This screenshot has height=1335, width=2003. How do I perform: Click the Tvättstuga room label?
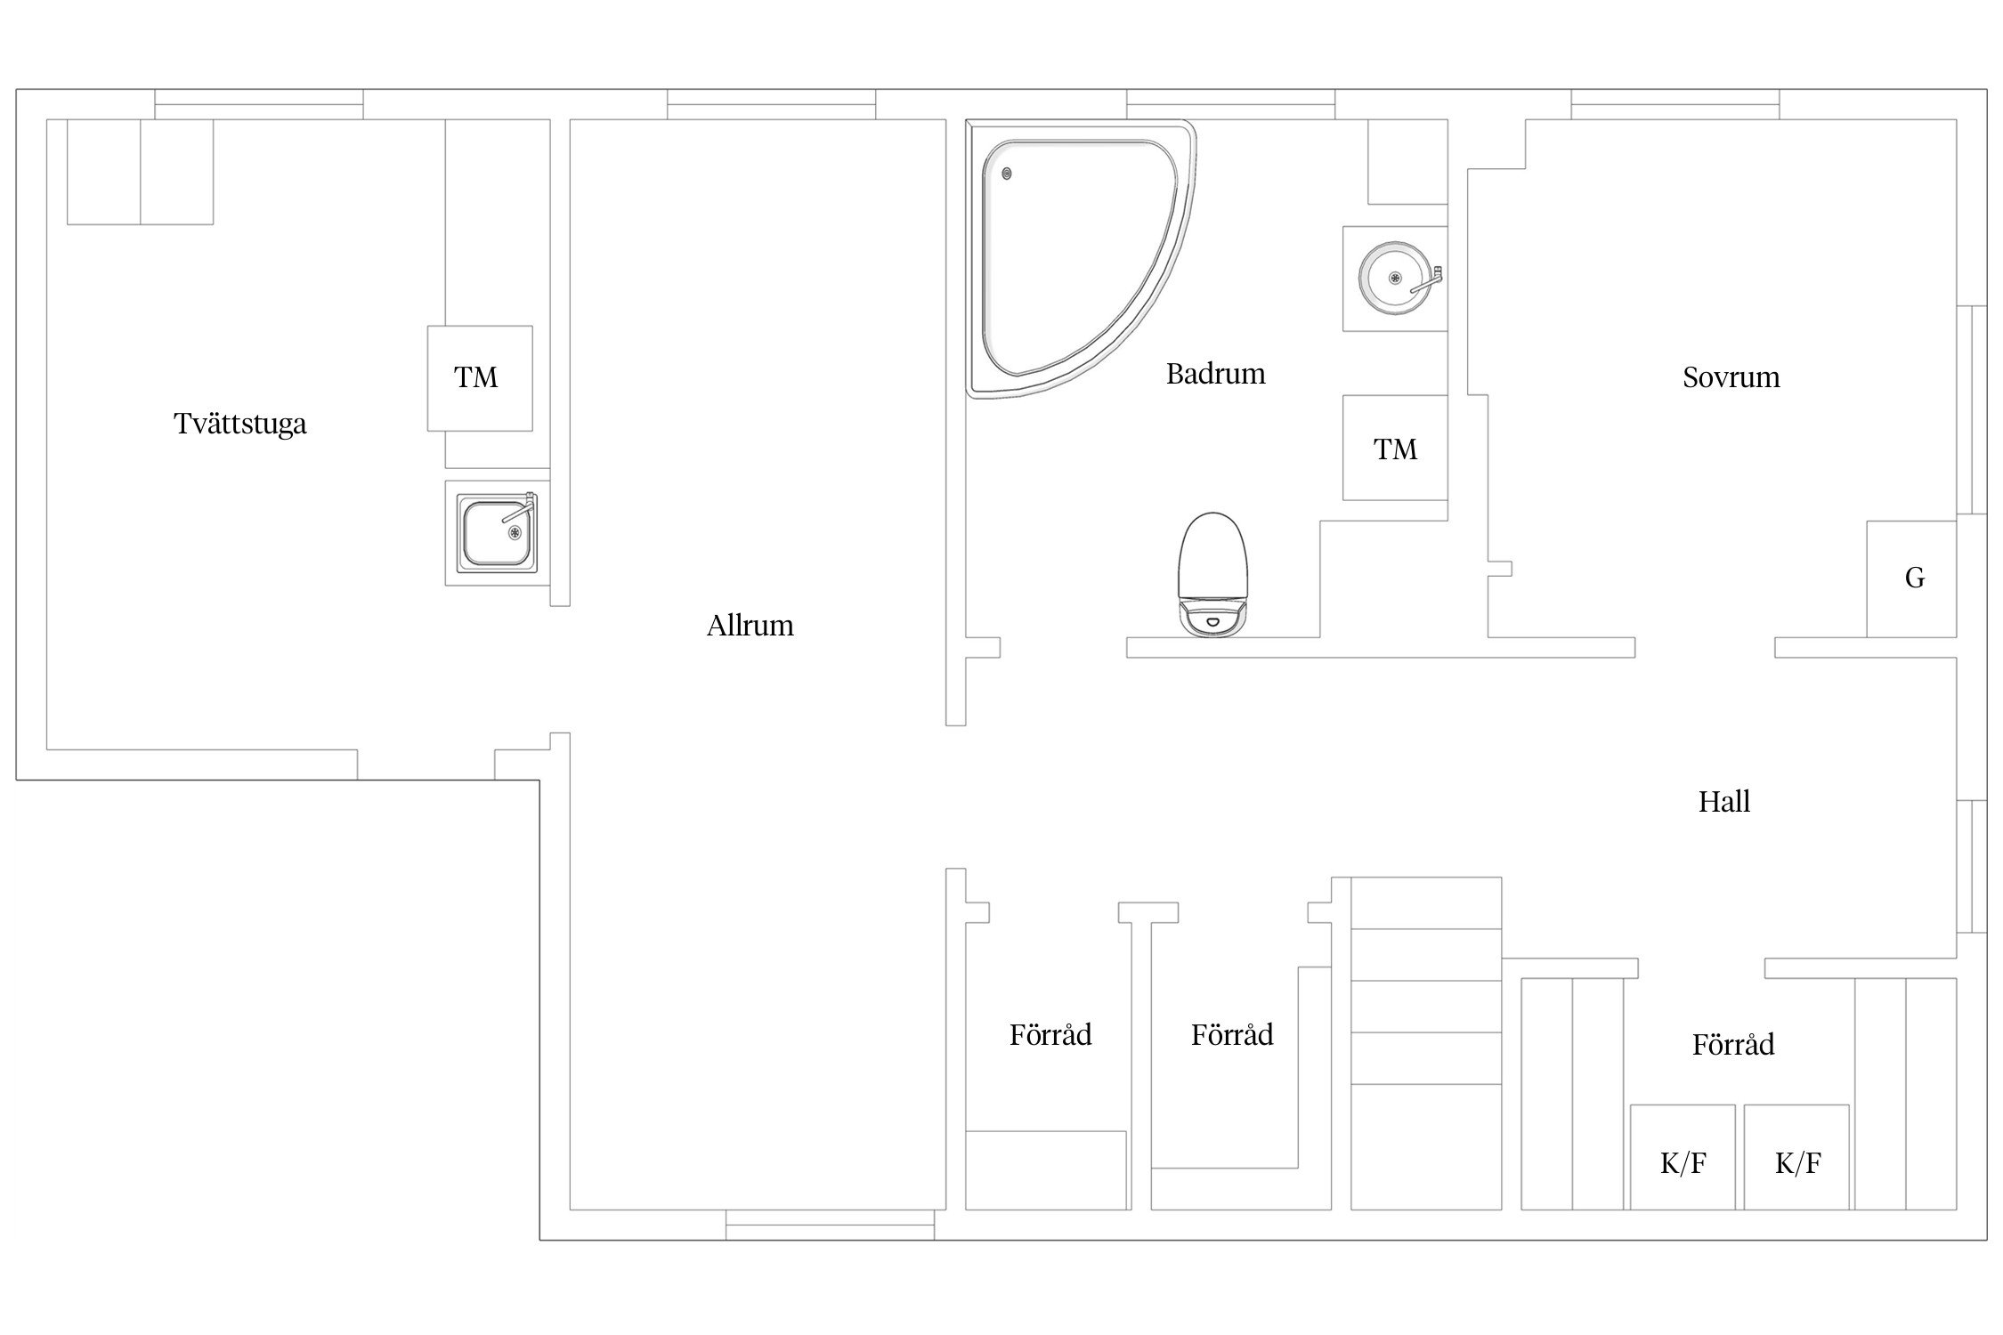239,424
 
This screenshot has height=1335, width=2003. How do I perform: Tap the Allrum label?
750,626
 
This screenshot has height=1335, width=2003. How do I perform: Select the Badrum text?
1215,374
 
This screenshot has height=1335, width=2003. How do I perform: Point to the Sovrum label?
1731,377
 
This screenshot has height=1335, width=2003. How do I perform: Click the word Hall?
1723,802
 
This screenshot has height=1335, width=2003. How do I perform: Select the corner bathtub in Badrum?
1081,258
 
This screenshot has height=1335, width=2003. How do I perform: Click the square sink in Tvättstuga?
497,532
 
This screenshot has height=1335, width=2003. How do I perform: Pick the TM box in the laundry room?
480,378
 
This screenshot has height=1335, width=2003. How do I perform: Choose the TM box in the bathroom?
1395,448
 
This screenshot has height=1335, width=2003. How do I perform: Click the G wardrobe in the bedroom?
1911,578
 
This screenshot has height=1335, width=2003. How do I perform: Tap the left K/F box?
1683,1157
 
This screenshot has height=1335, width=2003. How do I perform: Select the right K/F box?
1796,1157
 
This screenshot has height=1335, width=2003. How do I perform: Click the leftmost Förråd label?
1050,1034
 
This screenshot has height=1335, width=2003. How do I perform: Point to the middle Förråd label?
1232,1034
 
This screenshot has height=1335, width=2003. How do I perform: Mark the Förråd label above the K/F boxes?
1732,1044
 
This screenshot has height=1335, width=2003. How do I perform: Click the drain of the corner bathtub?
1007,174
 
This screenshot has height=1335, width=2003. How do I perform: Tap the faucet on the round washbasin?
1426,279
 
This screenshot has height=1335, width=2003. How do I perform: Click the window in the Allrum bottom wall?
830,1225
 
